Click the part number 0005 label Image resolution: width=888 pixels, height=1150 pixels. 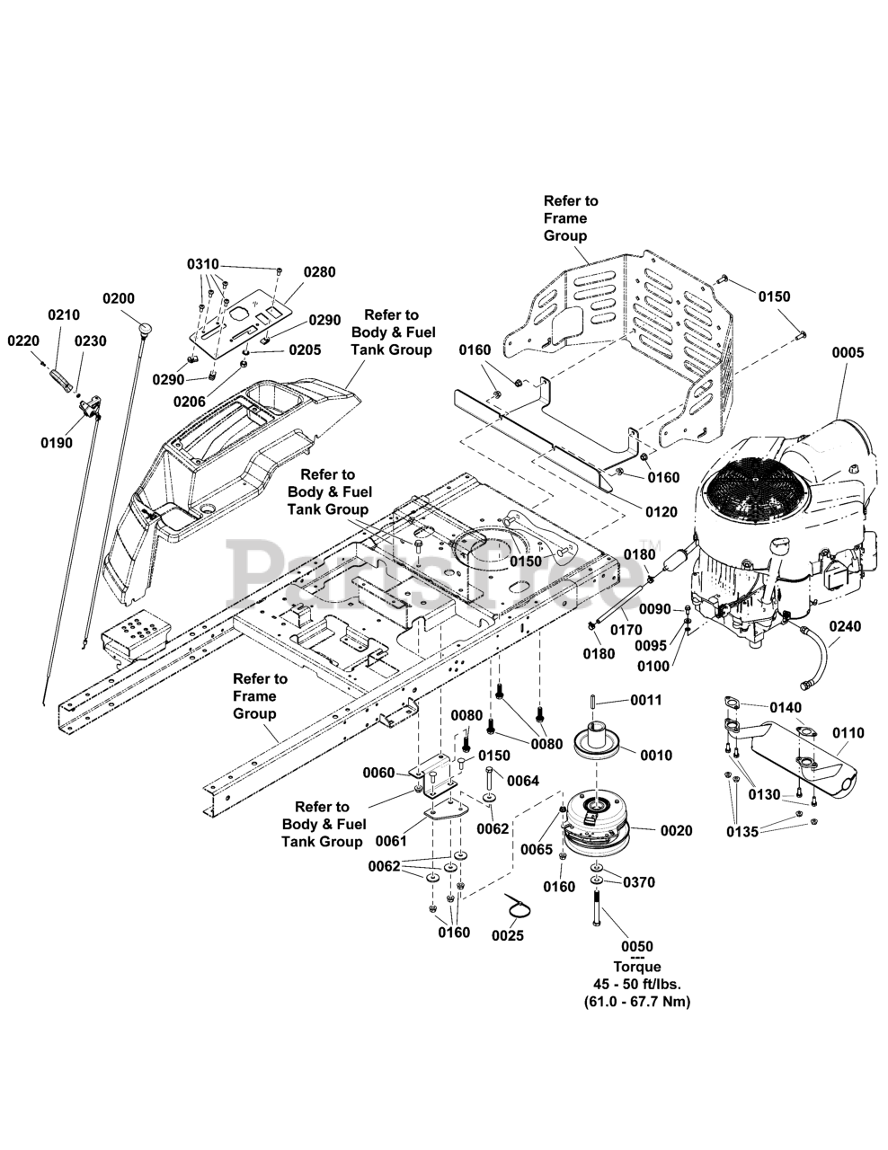(x=847, y=353)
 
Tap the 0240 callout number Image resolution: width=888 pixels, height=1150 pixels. (x=845, y=627)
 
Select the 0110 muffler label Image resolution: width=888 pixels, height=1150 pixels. (x=848, y=733)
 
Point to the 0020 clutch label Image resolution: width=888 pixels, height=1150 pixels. (x=676, y=831)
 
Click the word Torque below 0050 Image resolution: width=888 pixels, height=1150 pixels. (x=636, y=967)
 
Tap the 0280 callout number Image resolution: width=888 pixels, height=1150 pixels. (x=319, y=271)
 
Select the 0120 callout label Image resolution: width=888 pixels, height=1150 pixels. (x=662, y=511)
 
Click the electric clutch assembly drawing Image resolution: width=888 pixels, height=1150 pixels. (x=596, y=825)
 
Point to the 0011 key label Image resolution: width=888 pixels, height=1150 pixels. (x=645, y=700)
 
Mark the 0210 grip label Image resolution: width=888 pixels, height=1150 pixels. (x=64, y=314)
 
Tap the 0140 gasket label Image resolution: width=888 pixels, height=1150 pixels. (x=785, y=708)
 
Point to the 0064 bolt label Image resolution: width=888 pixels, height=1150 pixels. (x=523, y=781)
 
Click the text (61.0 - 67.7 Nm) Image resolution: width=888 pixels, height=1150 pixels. (x=636, y=1001)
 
